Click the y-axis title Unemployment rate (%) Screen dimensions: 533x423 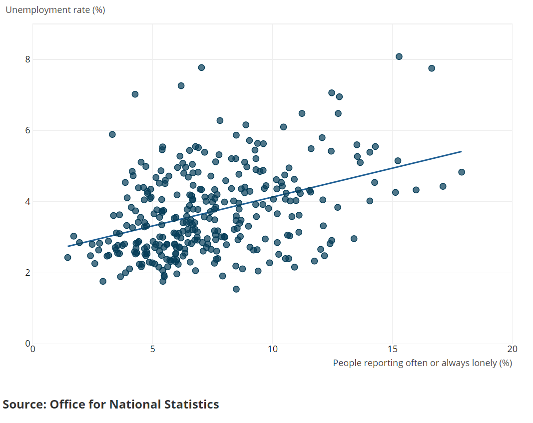tap(55, 10)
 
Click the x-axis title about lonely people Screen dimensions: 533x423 tap(423, 363)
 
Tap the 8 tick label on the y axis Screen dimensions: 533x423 tap(27, 59)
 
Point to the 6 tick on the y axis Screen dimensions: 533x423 tap(27, 130)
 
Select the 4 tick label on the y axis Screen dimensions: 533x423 tap(27, 202)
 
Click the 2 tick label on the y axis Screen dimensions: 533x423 tap(27, 273)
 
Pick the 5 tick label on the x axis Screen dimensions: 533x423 tap(153, 349)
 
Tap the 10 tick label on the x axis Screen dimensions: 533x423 tap(273, 349)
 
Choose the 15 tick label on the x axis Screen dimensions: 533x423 tap(393, 349)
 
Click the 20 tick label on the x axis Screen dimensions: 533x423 tap(512, 349)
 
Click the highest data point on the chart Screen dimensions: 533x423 tap(399, 57)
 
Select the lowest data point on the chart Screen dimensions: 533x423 tap(236, 289)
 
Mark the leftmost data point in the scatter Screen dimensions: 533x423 tap(67, 258)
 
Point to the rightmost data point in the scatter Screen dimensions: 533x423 tap(462, 172)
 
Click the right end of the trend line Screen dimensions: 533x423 tap(462, 151)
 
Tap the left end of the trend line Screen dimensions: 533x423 tap(68, 246)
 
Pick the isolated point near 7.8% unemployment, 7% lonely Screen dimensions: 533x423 tap(202, 67)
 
